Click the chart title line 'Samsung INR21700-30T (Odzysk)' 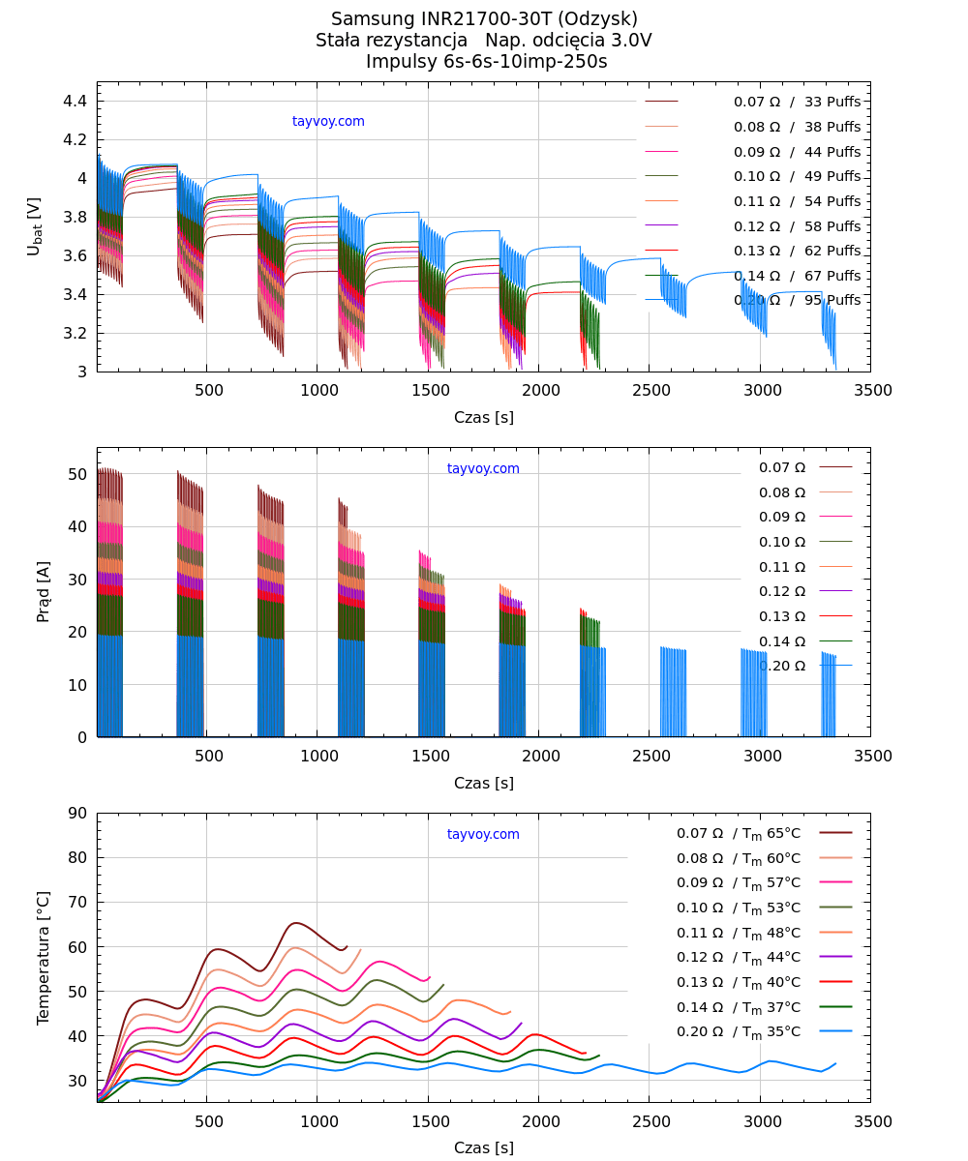pyautogui.click(x=484, y=18)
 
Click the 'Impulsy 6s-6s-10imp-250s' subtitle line pyautogui.click(x=486, y=62)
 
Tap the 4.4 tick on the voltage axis pyautogui.click(x=77, y=102)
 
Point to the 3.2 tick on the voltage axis pyautogui.click(x=77, y=334)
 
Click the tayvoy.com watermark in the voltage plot pyautogui.click(x=328, y=122)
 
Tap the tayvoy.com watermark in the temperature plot pyautogui.click(x=483, y=835)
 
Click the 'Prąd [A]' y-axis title pyautogui.click(x=44, y=591)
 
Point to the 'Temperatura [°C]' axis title pyautogui.click(x=44, y=958)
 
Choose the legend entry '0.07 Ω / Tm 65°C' pyautogui.click(x=739, y=833)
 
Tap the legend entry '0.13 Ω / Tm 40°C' pyautogui.click(x=739, y=982)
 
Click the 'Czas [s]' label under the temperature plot pyautogui.click(x=484, y=1148)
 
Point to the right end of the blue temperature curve pyautogui.click(x=835, y=1063)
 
